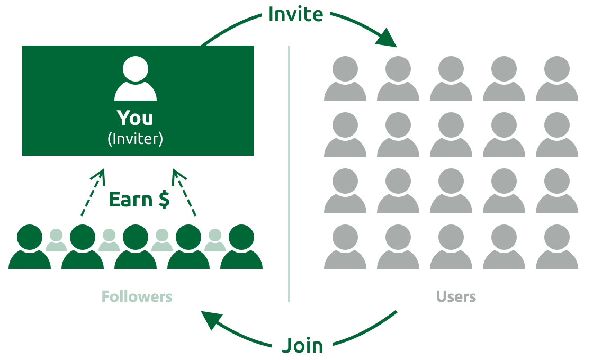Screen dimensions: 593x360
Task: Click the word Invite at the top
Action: coord(296,14)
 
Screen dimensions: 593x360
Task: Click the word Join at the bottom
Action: coord(302,345)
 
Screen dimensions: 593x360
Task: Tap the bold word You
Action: coord(135,118)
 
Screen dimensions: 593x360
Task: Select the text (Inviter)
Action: coord(136,139)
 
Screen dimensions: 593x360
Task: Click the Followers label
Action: coord(137,297)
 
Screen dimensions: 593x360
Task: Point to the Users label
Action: coord(456,297)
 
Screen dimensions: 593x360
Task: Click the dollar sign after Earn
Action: coord(164,199)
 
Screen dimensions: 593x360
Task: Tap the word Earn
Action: coord(130,199)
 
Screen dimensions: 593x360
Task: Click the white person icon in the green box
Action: coord(136,78)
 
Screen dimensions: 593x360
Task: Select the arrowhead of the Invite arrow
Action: coord(387,39)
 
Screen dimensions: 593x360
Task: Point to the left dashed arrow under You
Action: coord(93,192)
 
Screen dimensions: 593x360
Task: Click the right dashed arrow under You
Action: coord(184,192)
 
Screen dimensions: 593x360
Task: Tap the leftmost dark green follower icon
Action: coord(30,247)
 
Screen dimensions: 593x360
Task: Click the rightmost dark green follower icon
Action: coord(241,247)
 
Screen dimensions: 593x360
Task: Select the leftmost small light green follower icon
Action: coord(56,240)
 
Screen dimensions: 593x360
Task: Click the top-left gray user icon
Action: coord(345,78)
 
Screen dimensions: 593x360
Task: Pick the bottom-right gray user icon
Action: coord(556,247)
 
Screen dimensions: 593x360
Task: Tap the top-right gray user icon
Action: coord(556,78)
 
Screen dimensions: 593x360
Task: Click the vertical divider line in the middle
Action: coord(289,174)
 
